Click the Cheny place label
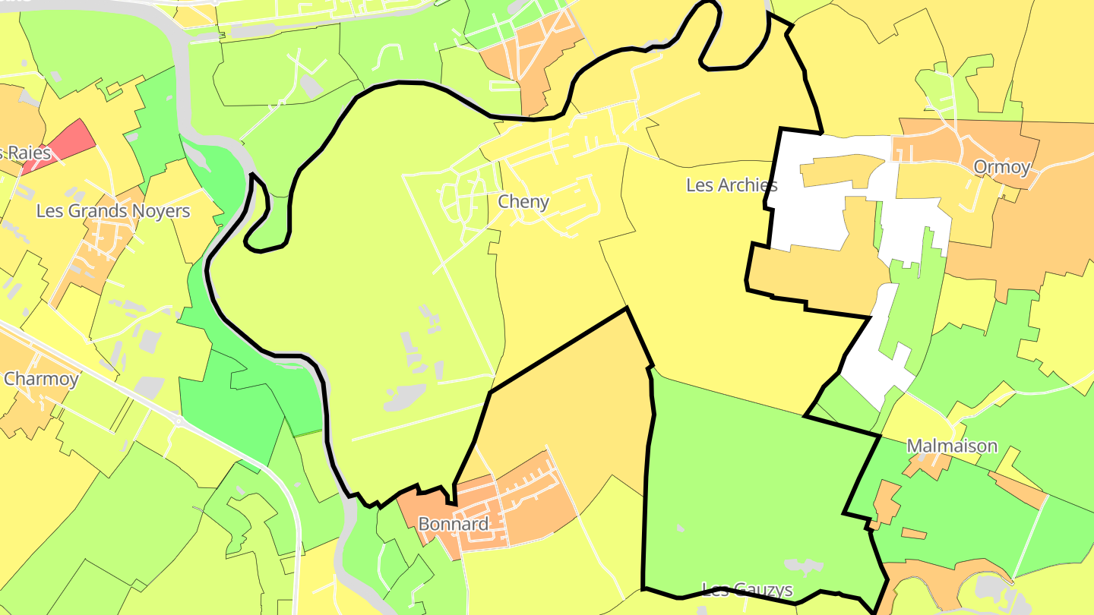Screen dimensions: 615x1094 (x=523, y=202)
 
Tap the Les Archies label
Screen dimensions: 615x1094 (x=731, y=184)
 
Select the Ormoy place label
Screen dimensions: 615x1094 (x=1001, y=167)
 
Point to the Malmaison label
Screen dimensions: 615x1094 (x=951, y=446)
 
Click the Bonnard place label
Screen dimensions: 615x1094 (x=453, y=524)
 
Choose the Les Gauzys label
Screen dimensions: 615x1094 (x=747, y=590)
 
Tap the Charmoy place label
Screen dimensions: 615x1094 (x=40, y=379)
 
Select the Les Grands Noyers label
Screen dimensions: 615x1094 (x=113, y=211)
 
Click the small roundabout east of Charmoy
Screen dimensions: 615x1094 (x=179, y=420)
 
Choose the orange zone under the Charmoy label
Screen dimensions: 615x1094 (x=27, y=410)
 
